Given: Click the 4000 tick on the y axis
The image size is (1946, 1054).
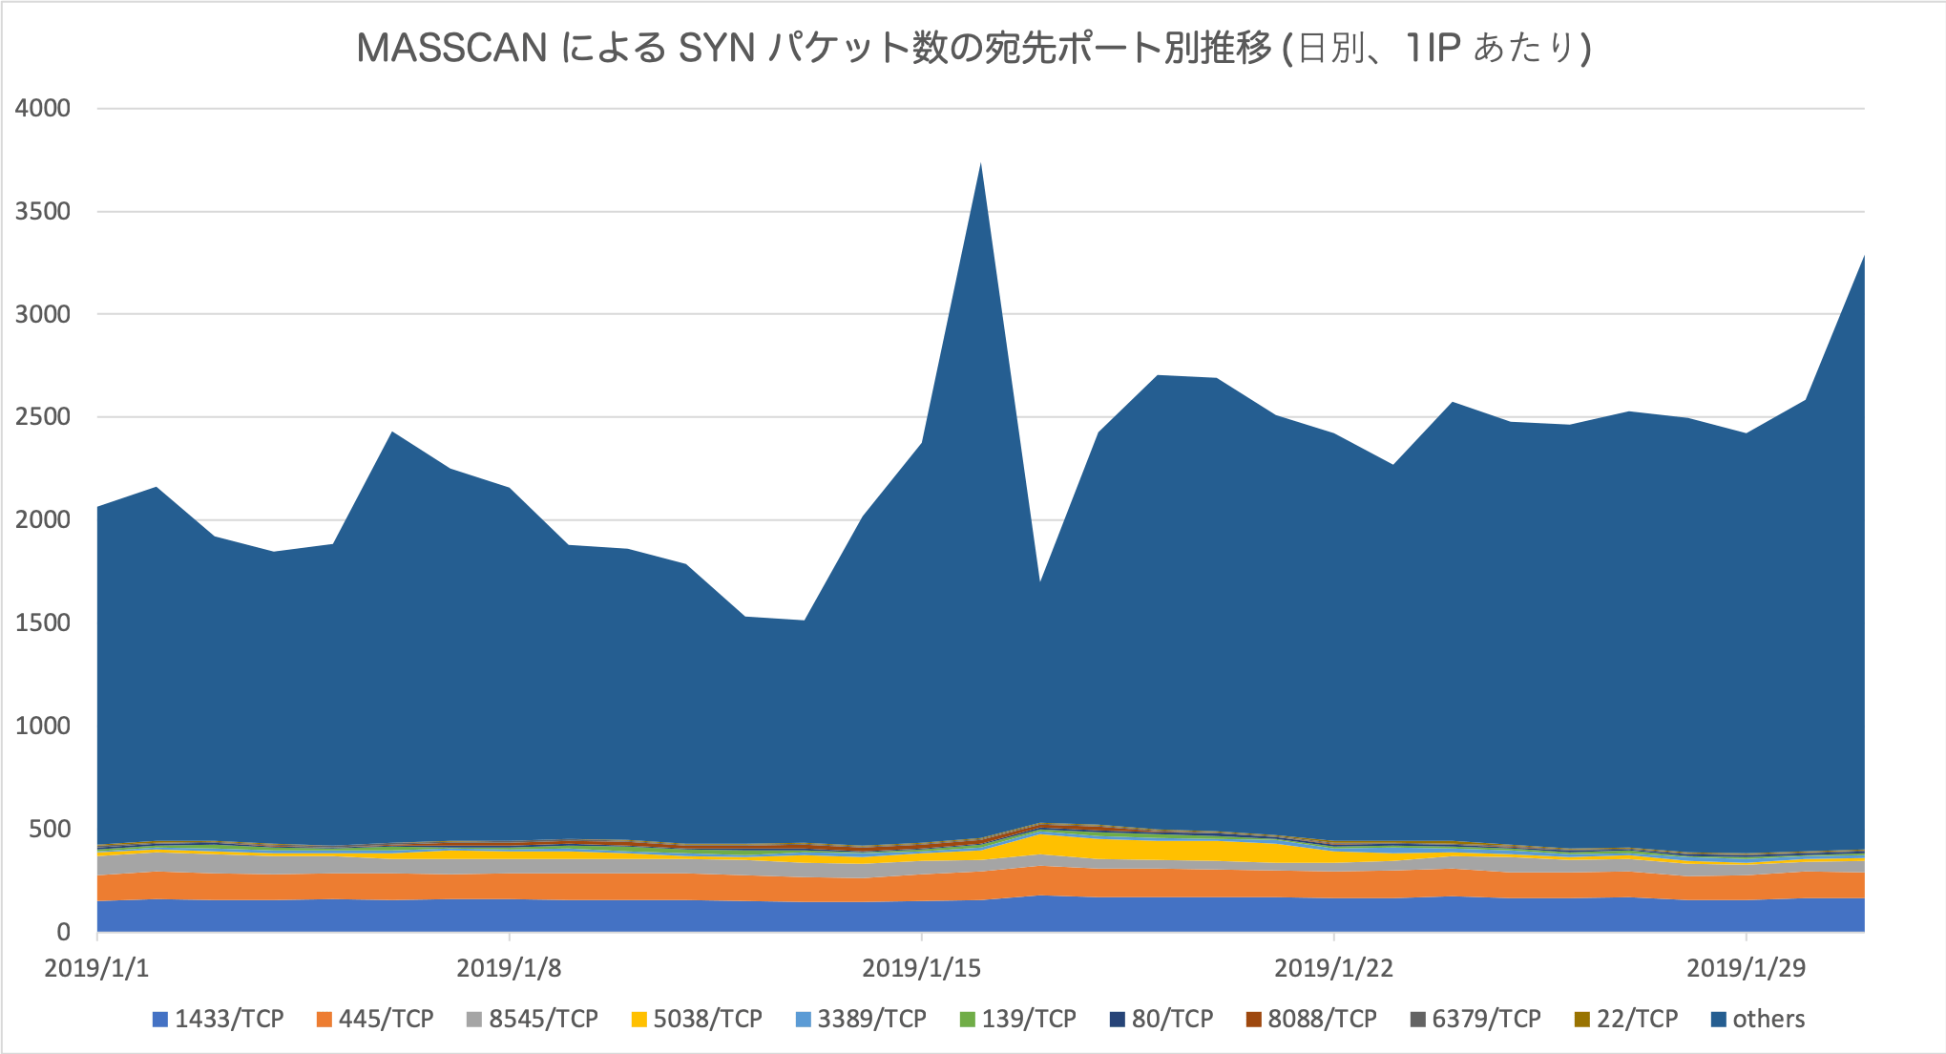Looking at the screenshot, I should pyautogui.click(x=43, y=108).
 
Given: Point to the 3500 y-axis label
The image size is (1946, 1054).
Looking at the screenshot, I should pyautogui.click(x=43, y=211).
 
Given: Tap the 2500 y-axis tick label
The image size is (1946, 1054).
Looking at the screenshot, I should pyautogui.click(x=43, y=417).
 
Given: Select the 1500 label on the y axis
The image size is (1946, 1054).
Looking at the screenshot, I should pyautogui.click(x=43, y=622).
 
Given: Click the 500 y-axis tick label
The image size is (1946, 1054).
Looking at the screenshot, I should pyautogui.click(x=50, y=829).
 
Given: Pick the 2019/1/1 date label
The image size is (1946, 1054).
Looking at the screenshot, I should pyautogui.click(x=96, y=968).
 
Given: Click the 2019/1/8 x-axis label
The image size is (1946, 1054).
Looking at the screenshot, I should pyautogui.click(x=509, y=968).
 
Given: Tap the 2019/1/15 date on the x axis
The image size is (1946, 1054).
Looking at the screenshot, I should pyautogui.click(x=921, y=968).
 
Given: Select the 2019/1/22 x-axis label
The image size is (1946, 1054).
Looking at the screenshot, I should pyautogui.click(x=1333, y=968).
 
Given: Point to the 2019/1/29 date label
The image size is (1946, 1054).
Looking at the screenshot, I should pyautogui.click(x=1746, y=968).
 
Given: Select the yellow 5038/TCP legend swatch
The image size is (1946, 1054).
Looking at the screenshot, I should pyautogui.click(x=638, y=1020).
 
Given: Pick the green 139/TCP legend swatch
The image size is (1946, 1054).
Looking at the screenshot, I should pyautogui.click(x=967, y=1020).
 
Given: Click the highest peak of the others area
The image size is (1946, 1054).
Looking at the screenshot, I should pyautogui.click(x=980, y=165).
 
